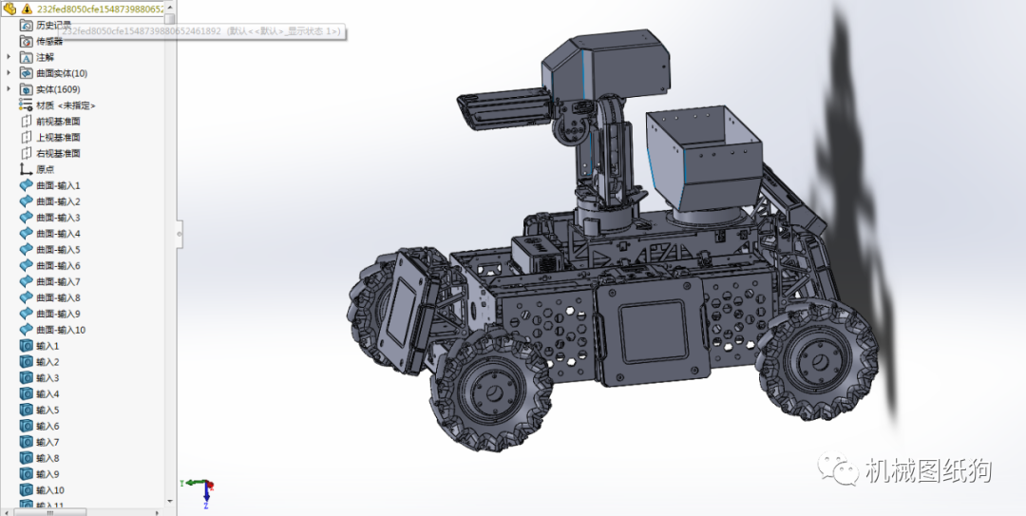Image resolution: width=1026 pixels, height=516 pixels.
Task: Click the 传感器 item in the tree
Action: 48,41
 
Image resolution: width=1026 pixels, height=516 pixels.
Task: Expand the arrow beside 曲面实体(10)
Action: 9,73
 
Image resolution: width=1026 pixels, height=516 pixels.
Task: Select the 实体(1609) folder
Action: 57,89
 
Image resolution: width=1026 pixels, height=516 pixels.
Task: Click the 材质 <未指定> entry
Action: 65,105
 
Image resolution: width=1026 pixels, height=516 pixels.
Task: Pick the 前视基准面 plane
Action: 58,122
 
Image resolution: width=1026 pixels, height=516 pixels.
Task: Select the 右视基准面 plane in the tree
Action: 58,153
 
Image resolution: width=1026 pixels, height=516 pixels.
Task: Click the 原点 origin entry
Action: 45,169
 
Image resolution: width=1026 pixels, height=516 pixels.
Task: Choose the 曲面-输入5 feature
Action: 58,249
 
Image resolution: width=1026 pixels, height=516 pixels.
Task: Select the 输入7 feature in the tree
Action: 47,442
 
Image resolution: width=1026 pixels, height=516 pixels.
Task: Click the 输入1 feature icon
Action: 26,346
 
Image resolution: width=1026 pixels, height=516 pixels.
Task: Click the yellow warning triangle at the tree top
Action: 27,9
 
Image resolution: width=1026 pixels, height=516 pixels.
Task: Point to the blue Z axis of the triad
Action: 186,484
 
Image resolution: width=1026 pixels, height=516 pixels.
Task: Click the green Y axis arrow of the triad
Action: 207,498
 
